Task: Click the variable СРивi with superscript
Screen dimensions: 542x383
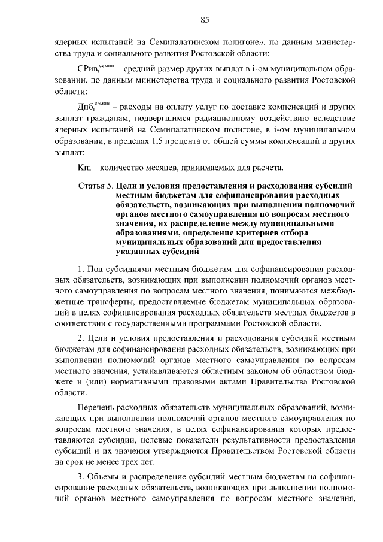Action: tap(92, 68)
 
